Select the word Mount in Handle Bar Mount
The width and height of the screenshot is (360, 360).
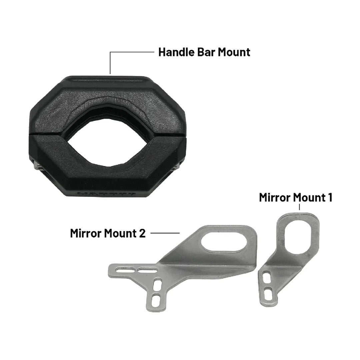coord(234,52)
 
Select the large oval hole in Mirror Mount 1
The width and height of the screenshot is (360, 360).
coord(299,234)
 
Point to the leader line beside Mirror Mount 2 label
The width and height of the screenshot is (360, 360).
coord(165,233)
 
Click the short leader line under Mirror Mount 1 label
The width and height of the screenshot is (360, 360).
coord(300,207)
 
